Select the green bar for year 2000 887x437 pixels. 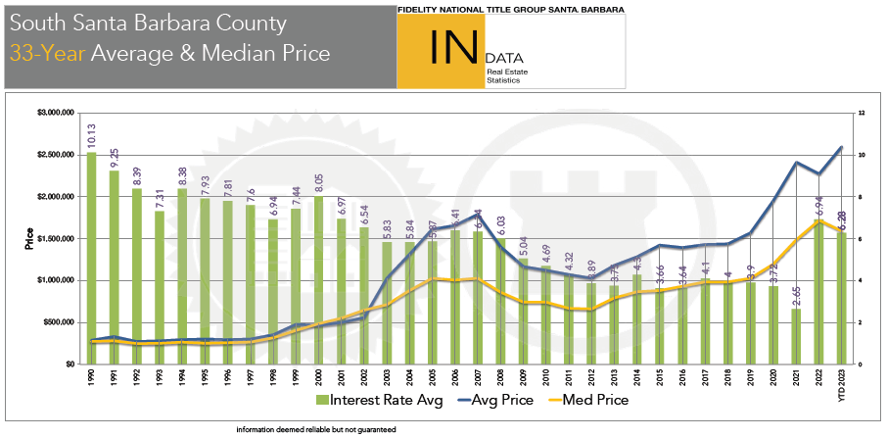318,279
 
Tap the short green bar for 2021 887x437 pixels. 796,336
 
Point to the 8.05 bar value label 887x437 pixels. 318,181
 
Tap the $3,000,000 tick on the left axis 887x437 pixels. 55,113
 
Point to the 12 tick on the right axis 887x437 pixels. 860,113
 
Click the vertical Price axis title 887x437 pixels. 29,238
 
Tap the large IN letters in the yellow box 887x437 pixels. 440,48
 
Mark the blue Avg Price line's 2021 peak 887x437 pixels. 796,163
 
